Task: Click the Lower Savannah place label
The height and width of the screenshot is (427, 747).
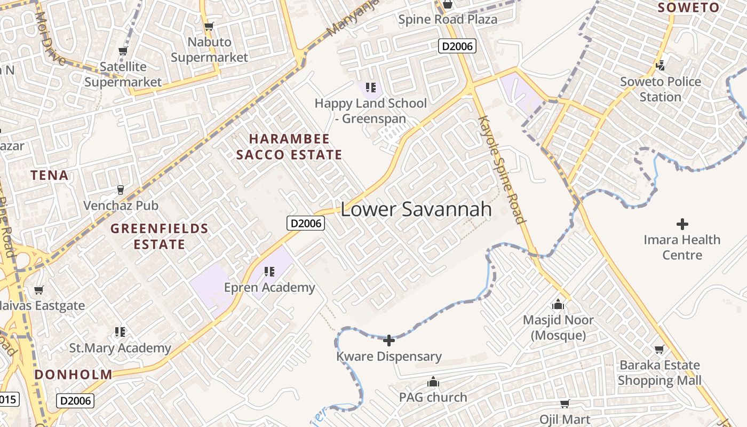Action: [416, 209]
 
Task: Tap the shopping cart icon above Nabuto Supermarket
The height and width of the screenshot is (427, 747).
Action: [209, 26]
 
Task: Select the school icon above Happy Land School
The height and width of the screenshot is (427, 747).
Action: [371, 87]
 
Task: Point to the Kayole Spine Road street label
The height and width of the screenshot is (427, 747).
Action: [502, 169]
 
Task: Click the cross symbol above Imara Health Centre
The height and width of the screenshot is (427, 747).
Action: [682, 224]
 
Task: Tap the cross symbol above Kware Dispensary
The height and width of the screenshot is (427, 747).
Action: [389, 340]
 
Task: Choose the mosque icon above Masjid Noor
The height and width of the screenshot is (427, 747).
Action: [558, 304]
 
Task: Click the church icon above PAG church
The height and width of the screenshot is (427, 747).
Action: [433, 382]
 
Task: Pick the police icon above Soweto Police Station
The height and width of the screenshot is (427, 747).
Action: [661, 66]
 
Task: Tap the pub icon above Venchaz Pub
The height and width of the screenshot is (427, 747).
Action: [121, 189]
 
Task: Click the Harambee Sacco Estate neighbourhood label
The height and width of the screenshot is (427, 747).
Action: [289, 147]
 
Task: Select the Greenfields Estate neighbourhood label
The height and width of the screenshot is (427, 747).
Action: [159, 236]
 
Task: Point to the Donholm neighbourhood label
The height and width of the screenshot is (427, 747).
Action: [74, 374]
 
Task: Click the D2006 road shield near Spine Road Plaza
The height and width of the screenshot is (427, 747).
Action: [457, 46]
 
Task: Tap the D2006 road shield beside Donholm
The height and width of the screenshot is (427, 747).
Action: [75, 400]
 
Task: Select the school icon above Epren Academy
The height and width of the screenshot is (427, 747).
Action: [269, 272]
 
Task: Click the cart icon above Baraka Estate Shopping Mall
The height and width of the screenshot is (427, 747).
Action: [659, 350]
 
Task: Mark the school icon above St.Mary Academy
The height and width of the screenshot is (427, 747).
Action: [120, 332]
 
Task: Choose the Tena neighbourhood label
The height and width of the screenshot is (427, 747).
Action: [50, 175]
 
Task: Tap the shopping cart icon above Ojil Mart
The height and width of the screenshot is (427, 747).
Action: [565, 404]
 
